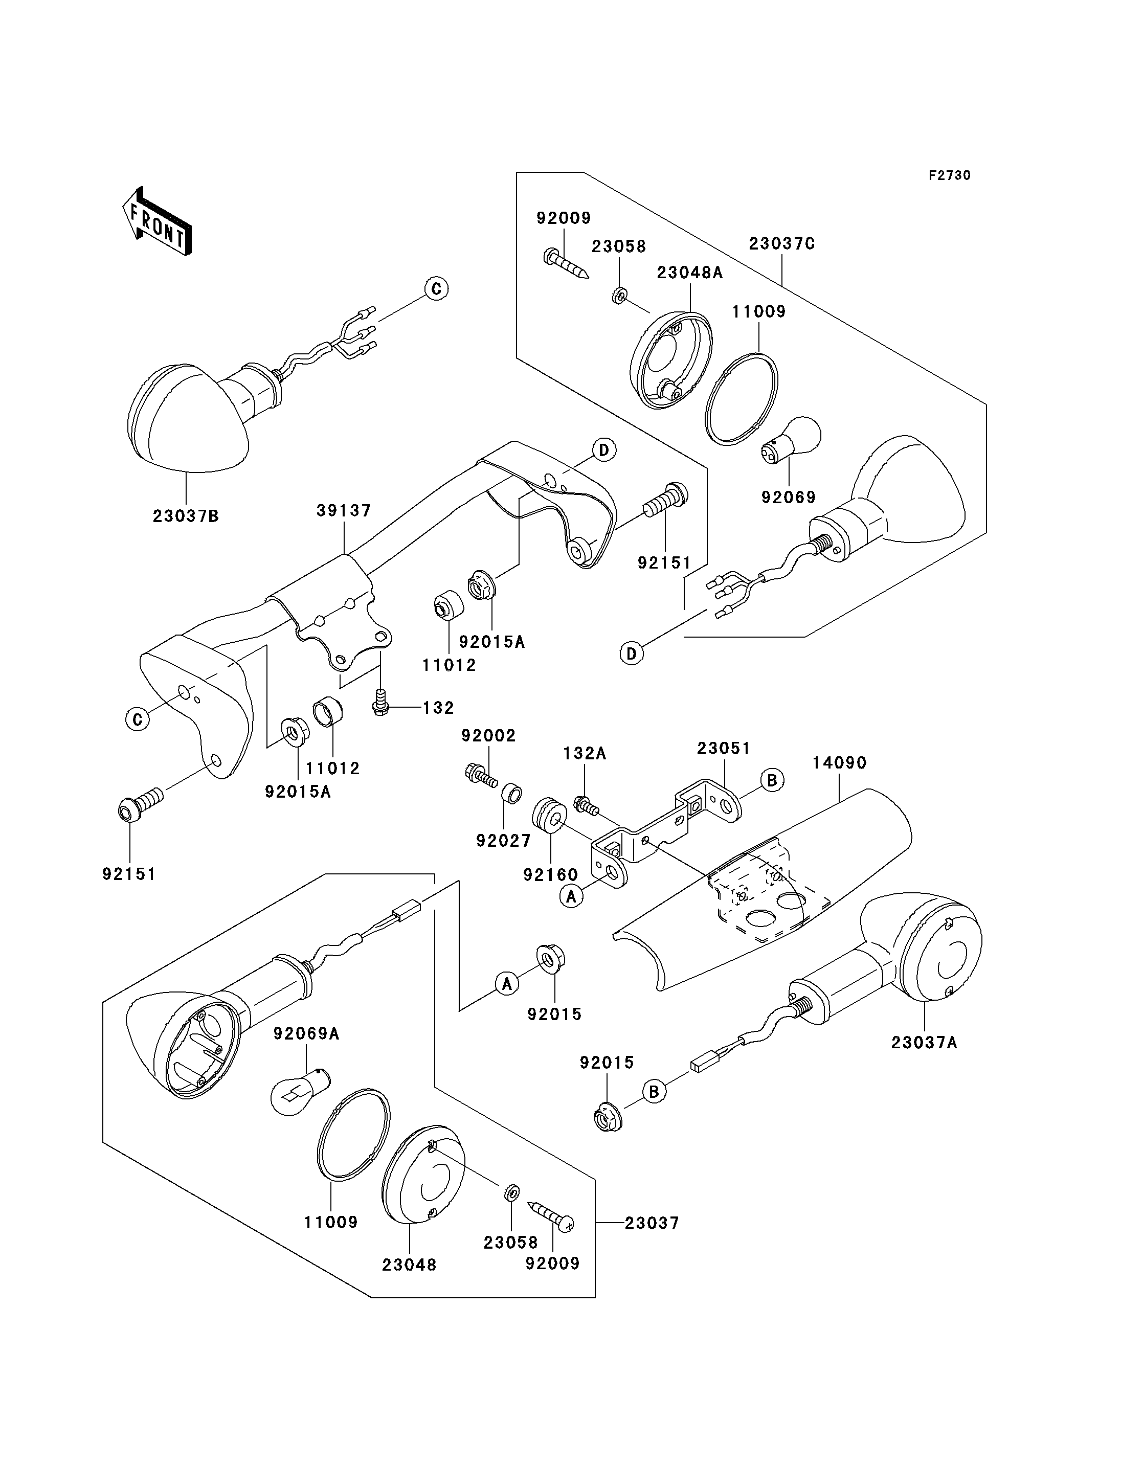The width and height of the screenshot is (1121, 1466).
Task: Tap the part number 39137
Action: (344, 510)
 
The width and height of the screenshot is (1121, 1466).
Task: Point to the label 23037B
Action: (186, 516)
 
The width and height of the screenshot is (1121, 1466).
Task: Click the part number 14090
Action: (839, 763)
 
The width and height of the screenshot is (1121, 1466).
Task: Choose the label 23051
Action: (724, 748)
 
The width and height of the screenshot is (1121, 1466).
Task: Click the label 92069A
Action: (306, 1033)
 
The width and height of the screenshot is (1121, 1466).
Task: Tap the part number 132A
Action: (585, 753)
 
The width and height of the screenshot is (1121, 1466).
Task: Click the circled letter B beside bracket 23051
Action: (772, 780)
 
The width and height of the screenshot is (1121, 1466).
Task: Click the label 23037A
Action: (924, 1042)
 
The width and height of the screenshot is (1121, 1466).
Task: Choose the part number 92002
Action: (489, 735)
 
